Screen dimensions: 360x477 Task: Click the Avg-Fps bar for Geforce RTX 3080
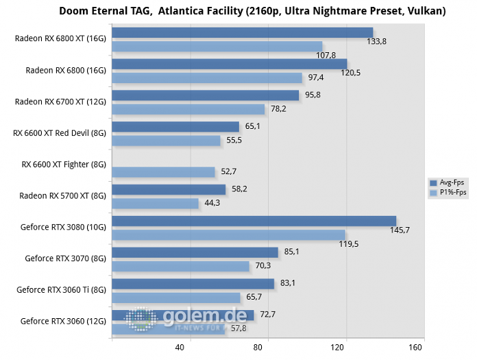[x=254, y=221]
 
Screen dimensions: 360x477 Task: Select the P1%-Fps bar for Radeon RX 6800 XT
[x=217, y=46]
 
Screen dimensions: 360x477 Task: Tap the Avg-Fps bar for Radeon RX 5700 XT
[x=169, y=189]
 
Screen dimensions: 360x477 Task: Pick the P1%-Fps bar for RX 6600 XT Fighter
[x=163, y=172]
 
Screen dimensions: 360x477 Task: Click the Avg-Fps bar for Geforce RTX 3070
[x=195, y=252]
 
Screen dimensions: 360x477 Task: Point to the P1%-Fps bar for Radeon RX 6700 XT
[x=188, y=109]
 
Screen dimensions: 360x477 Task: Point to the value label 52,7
[x=227, y=172]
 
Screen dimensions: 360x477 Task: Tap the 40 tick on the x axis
[x=180, y=348]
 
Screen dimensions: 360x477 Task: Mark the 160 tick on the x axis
[x=415, y=348]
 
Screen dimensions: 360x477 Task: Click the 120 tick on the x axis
[x=337, y=348]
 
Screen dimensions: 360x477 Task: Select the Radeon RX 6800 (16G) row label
[x=66, y=70]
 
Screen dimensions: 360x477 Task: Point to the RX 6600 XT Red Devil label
[x=60, y=133]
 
